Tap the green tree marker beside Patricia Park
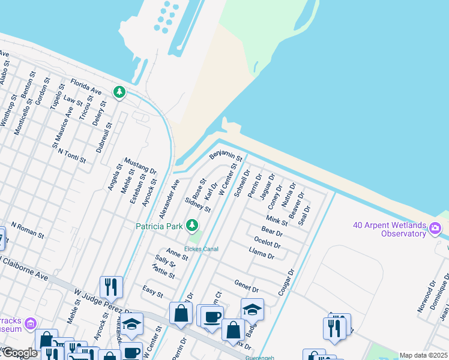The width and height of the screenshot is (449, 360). pos(192,226)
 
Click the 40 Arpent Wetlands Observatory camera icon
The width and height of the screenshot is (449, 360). pos(435,228)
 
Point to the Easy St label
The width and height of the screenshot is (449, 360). pos(152,292)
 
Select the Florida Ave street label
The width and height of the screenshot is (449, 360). pos(86,86)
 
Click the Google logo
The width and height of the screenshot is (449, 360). pos(19,353)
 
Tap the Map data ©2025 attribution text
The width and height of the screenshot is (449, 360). pos(423,355)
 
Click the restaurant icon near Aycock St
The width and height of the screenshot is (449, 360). pos(111,287)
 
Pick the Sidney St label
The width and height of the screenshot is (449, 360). pos(197,205)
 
